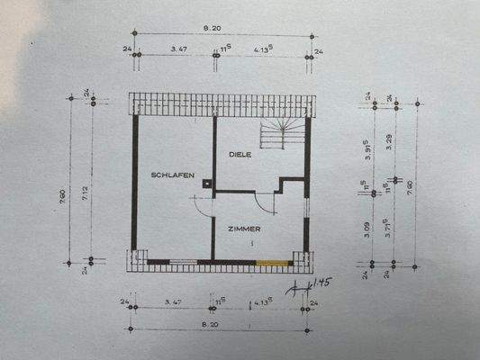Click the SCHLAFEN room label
[173, 176]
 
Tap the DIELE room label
[240, 155]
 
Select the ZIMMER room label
[244, 229]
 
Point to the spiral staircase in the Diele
[282, 134]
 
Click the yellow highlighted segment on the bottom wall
[273, 262]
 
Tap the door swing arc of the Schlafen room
[200, 205]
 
